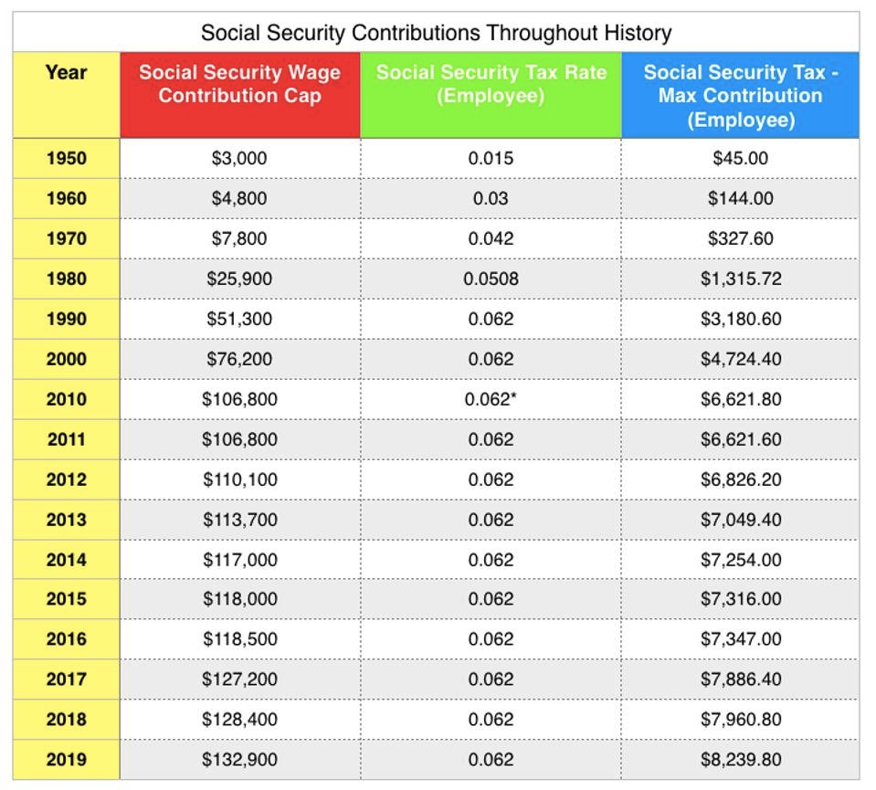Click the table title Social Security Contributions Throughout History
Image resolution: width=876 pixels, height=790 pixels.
(436, 34)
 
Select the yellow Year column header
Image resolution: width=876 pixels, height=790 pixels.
(66, 73)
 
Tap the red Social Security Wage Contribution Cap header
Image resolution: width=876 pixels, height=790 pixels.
(239, 84)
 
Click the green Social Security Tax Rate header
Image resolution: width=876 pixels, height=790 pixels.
(491, 84)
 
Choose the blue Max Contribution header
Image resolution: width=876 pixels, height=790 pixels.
(740, 95)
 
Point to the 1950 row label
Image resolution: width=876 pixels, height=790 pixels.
(66, 158)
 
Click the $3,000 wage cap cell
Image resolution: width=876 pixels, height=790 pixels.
(239, 158)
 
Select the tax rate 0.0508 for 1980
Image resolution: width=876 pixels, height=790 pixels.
(491, 279)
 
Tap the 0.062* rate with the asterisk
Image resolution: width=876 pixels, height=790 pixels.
(491, 399)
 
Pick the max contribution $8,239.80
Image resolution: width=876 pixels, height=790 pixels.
(741, 759)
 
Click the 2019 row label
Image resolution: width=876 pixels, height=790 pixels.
(66, 759)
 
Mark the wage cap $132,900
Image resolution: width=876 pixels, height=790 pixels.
(239, 759)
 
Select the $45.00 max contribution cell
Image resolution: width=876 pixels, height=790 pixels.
(741, 158)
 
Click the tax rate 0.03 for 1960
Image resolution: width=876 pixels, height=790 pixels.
(491, 198)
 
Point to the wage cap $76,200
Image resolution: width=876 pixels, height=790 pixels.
(239, 359)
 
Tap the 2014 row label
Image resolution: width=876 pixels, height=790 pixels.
(66, 560)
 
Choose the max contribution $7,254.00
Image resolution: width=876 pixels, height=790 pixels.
(741, 560)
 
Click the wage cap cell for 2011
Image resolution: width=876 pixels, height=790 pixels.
(239, 439)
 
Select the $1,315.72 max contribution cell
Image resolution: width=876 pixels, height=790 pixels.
(741, 279)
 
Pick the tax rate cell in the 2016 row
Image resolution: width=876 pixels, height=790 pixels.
(491, 638)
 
